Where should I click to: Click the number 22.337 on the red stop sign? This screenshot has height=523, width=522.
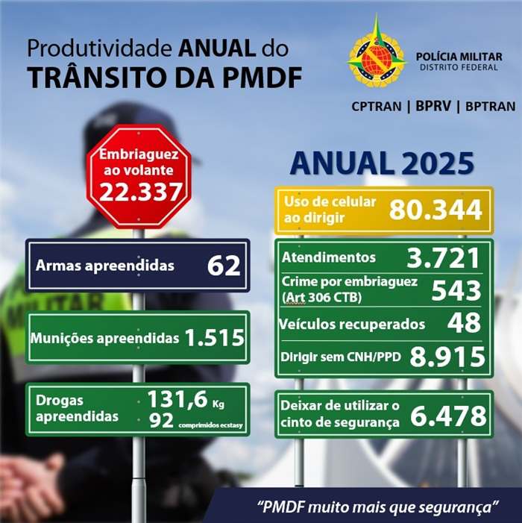pos(139,192)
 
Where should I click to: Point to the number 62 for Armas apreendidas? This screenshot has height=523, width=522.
pos(224,265)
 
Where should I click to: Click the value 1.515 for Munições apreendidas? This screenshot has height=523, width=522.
pos(215,338)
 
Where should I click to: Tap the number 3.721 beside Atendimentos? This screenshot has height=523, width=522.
pos(442,258)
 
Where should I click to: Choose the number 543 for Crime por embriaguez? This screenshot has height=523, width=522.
pos(455,290)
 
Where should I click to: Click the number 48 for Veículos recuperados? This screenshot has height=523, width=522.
pos(464,323)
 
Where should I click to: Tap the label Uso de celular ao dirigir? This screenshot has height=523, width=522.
pos(330,210)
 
